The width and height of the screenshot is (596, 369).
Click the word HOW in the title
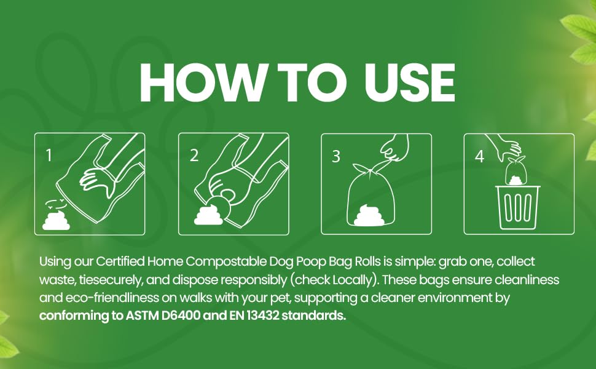pyautogui.click(x=202, y=83)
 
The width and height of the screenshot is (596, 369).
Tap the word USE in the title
pyautogui.click(x=409, y=83)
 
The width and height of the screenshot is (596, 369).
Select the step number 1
pyautogui.click(x=49, y=155)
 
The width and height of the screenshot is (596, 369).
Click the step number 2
pyautogui.click(x=194, y=156)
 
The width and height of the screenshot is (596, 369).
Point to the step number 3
pyautogui.click(x=336, y=156)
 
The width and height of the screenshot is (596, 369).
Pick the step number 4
pyautogui.click(x=480, y=156)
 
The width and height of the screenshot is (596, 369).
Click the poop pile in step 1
pyautogui.click(x=57, y=221)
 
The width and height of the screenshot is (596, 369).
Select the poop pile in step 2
pyautogui.click(x=208, y=215)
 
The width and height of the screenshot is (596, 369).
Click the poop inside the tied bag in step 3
pyautogui.click(x=369, y=215)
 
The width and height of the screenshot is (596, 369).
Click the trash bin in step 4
pyautogui.click(x=517, y=207)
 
